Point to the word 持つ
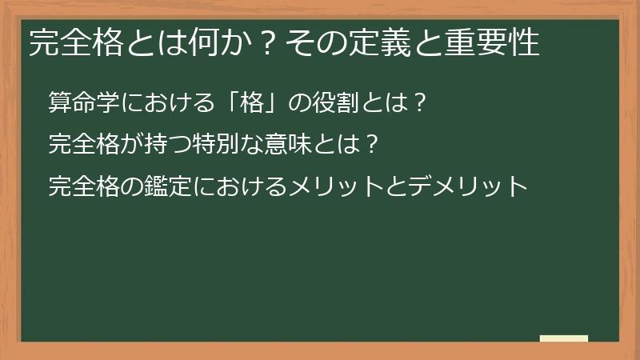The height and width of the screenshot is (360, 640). [x=169, y=145]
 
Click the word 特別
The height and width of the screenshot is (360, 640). [x=230, y=145]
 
